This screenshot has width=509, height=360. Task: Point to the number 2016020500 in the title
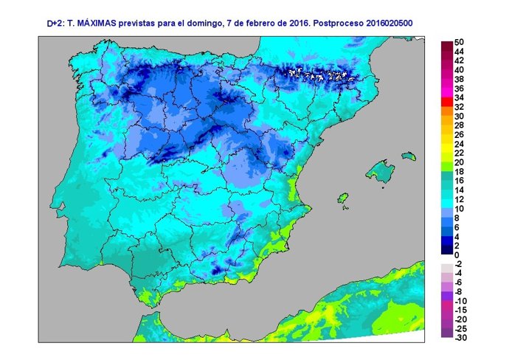tap(387, 24)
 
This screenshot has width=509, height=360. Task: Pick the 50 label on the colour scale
tap(459, 42)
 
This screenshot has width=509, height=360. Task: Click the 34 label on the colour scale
tap(459, 97)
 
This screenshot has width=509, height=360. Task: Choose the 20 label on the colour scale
tap(459, 162)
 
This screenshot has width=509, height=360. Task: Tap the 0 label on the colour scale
tap(457, 255)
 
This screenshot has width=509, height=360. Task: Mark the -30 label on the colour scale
tap(460, 338)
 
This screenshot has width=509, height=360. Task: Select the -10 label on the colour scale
tap(460, 301)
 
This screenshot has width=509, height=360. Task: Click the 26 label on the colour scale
tap(459, 134)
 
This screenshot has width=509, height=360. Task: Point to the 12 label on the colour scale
tap(459, 199)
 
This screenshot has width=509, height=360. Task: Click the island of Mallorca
tap(381, 169)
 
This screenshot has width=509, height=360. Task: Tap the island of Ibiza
tap(342, 199)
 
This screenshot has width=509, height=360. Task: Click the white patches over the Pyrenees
tap(317, 75)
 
